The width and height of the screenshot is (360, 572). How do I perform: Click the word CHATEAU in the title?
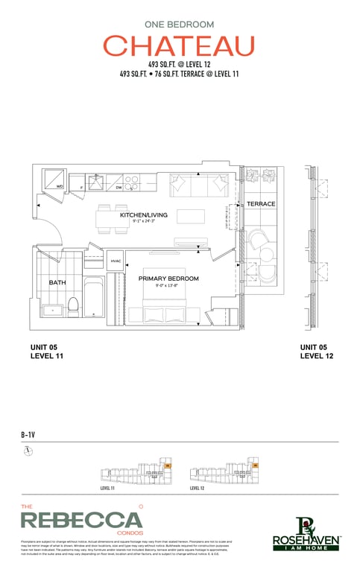pyautogui.click(x=179, y=46)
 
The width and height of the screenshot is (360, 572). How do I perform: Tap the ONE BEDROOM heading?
pyautogui.click(x=179, y=24)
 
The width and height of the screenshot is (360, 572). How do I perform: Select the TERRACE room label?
pyautogui.click(x=261, y=203)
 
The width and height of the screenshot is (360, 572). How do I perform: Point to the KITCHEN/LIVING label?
pyautogui.click(x=144, y=215)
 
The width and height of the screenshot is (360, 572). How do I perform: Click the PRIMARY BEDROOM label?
pyautogui.click(x=168, y=279)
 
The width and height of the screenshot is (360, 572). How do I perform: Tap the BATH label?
pyautogui.click(x=57, y=283)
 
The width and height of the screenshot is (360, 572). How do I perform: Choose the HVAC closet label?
pyautogui.click(x=116, y=261)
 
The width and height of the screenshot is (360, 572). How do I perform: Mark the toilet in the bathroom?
pyautogui.click(x=73, y=304)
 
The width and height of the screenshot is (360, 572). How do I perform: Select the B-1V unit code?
pyautogui.click(x=29, y=434)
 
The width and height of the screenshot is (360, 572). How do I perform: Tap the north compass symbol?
pyautogui.click(x=28, y=451)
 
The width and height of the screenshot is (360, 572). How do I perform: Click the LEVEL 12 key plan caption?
pyautogui.click(x=197, y=489)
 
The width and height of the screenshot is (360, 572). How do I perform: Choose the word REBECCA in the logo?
pyautogui.click(x=80, y=521)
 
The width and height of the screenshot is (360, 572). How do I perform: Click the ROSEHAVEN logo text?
pyautogui.click(x=306, y=538)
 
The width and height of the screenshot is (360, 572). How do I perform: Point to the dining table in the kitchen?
pyautogui.click(x=114, y=217)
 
